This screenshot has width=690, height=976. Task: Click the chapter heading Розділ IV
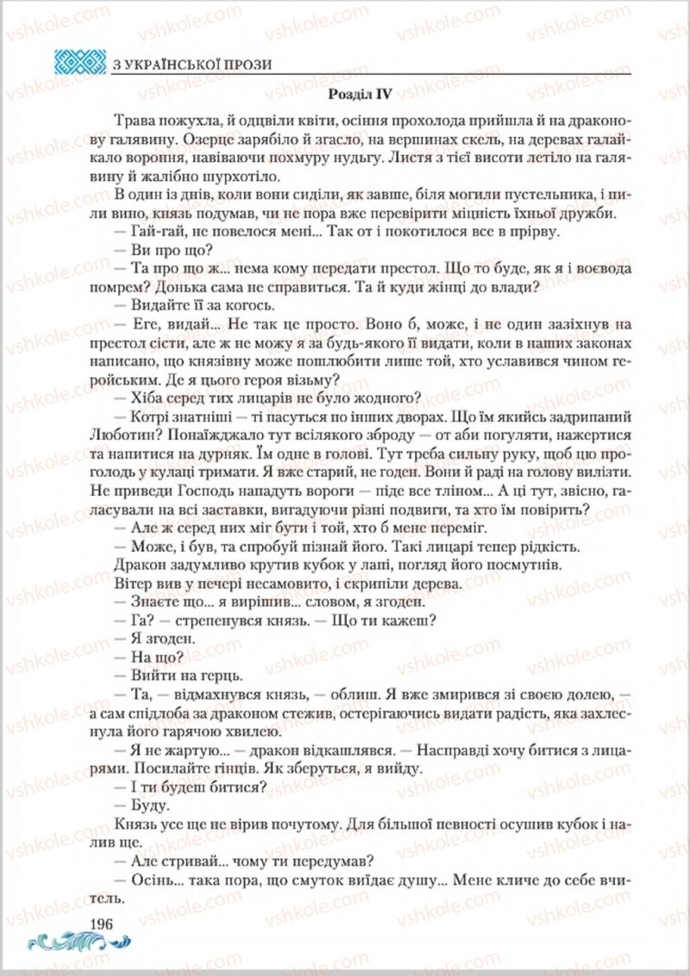[x=361, y=87]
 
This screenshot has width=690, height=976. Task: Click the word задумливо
[x=199, y=565]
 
